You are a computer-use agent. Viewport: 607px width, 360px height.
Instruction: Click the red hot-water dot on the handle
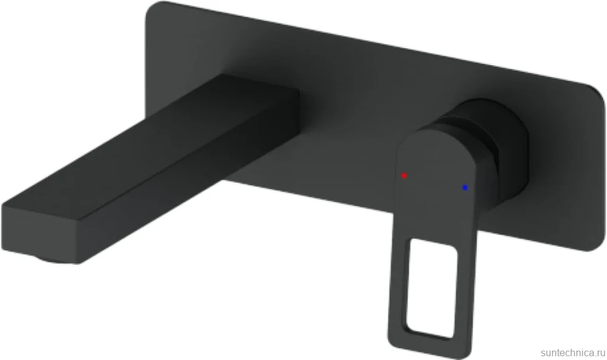[x=404, y=175]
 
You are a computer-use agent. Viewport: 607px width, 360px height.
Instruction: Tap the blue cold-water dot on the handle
[x=465, y=188]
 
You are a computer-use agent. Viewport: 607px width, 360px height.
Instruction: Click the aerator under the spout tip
[x=54, y=259]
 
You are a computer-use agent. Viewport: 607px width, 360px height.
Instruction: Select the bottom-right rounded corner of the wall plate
[x=594, y=242]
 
